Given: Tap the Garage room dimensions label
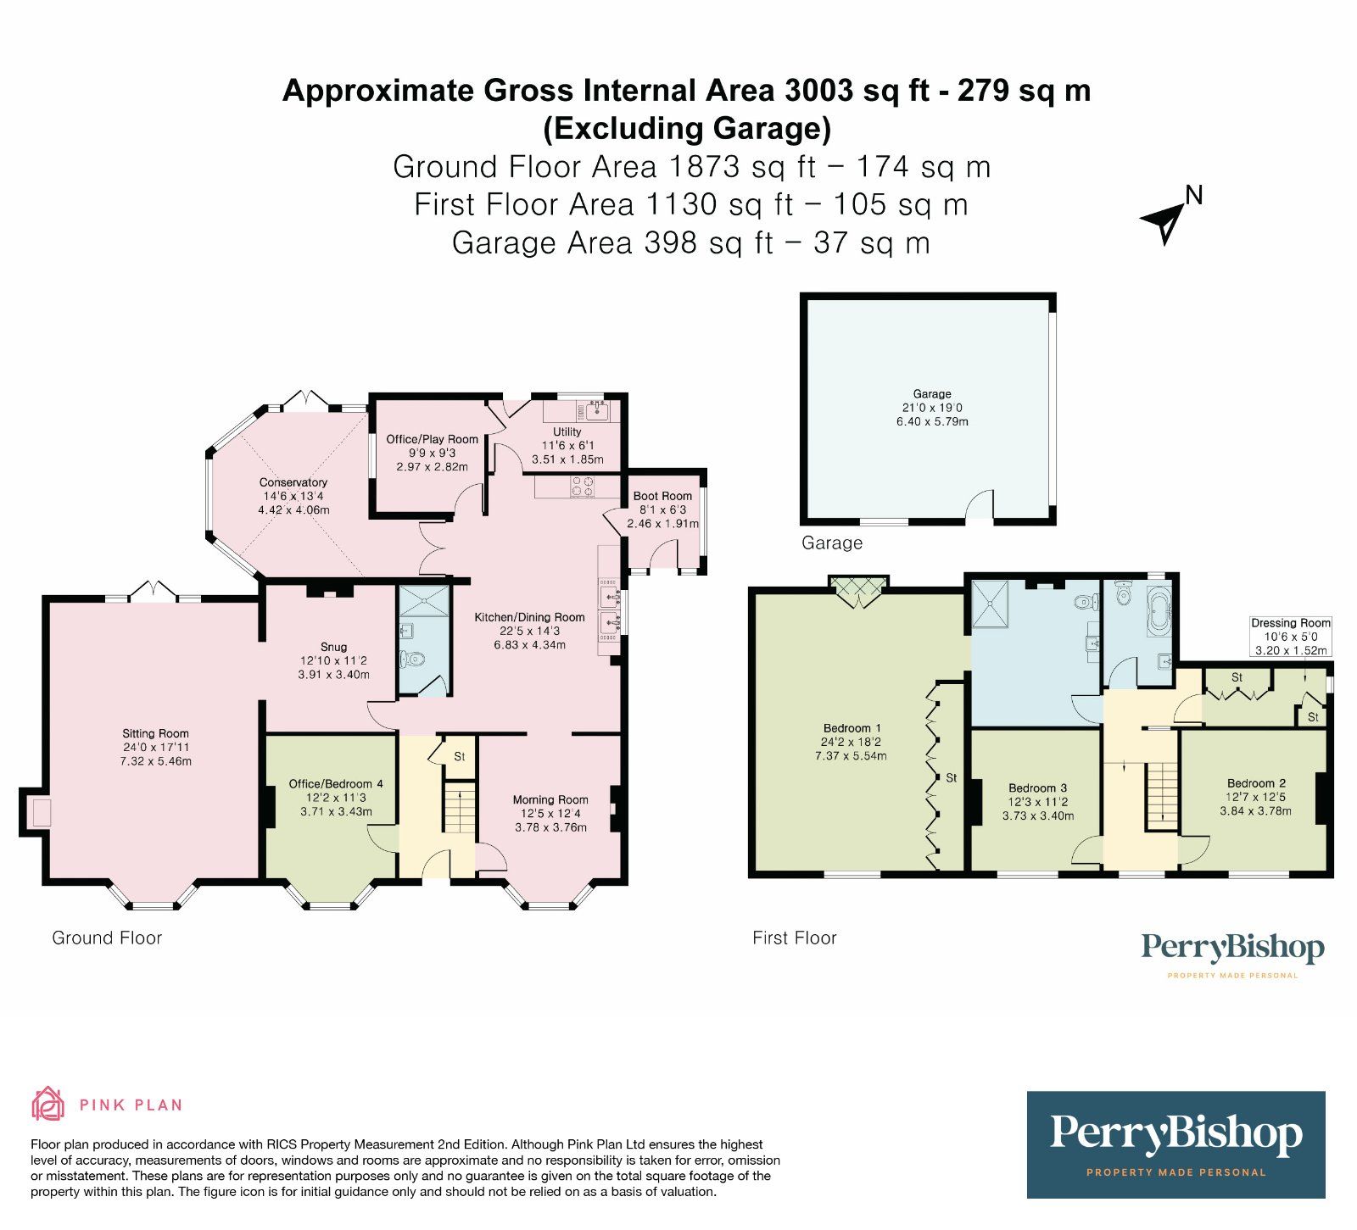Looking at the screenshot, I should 932,415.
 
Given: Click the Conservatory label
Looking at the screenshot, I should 293,482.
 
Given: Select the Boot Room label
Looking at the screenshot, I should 662,496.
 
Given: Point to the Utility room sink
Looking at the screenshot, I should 595,412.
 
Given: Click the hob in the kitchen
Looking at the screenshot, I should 583,487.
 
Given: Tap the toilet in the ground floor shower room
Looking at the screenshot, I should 415,659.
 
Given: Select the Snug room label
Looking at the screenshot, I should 333,647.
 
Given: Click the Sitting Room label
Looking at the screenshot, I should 155,734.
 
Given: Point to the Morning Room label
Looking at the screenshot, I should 550,799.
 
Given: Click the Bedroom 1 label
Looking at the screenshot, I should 852,728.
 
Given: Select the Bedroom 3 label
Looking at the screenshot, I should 1037,788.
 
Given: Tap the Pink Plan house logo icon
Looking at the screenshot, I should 48,1104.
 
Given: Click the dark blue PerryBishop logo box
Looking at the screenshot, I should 1176,1144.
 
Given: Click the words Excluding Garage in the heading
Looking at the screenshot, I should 687,128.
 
